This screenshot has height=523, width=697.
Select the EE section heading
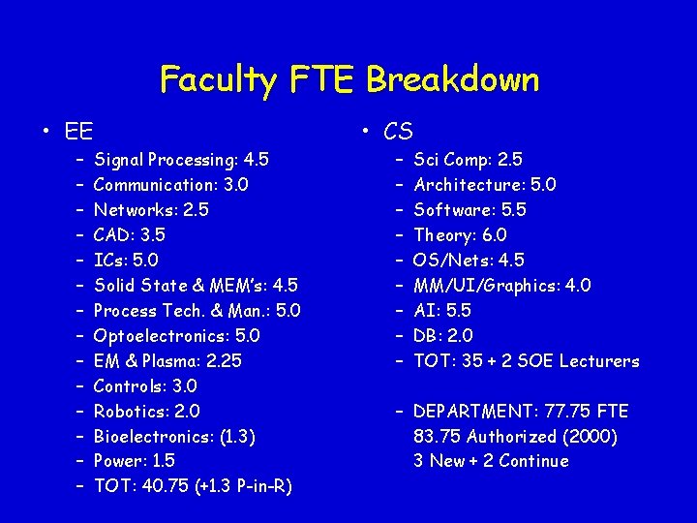pyautogui.click(x=78, y=131)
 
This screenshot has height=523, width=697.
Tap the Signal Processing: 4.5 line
pyautogui.click(x=181, y=160)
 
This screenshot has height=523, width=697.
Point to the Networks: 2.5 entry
pyautogui.click(x=151, y=210)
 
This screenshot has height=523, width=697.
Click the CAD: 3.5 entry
pyautogui.click(x=129, y=235)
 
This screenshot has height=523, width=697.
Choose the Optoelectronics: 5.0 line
pyautogui.click(x=176, y=336)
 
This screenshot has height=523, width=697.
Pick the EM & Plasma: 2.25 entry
pyautogui.click(x=167, y=361)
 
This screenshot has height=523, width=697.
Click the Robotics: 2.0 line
pyautogui.click(x=146, y=412)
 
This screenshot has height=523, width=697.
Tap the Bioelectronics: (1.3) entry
pyautogui.click(x=174, y=437)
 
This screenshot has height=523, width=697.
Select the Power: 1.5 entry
pyautogui.click(x=134, y=462)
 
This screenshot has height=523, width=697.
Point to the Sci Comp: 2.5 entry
pyautogui.click(x=468, y=160)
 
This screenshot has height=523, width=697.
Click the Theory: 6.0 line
pyautogui.click(x=460, y=235)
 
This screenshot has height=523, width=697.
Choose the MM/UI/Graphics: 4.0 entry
pyautogui.click(x=501, y=286)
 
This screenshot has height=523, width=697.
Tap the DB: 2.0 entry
pyautogui.click(x=443, y=336)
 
